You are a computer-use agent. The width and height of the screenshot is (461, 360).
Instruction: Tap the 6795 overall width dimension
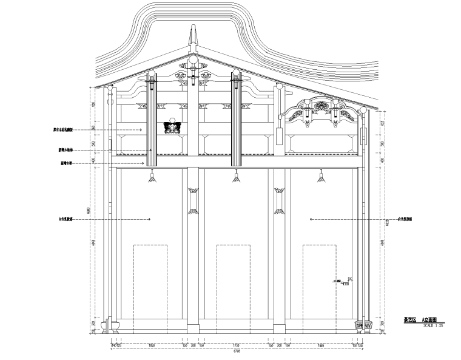(x=237, y=351)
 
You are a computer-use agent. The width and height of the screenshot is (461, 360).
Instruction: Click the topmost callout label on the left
(x=66, y=129)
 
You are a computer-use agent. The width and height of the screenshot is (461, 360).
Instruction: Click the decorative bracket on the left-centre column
(x=193, y=197)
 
